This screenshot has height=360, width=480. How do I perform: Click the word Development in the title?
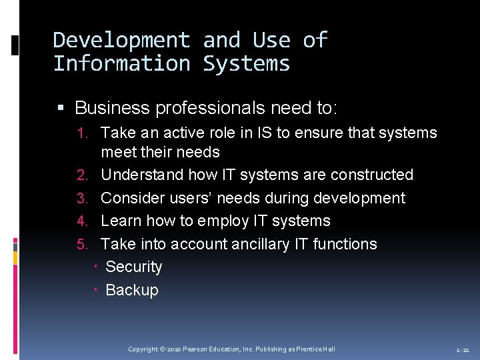(121, 41)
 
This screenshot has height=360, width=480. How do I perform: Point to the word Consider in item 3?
(131, 198)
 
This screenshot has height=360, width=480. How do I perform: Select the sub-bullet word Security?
(134, 267)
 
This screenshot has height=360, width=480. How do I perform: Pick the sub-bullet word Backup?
(132, 290)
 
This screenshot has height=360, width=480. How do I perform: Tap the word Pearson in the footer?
(198, 349)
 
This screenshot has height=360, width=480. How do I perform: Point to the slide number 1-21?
(463, 350)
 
